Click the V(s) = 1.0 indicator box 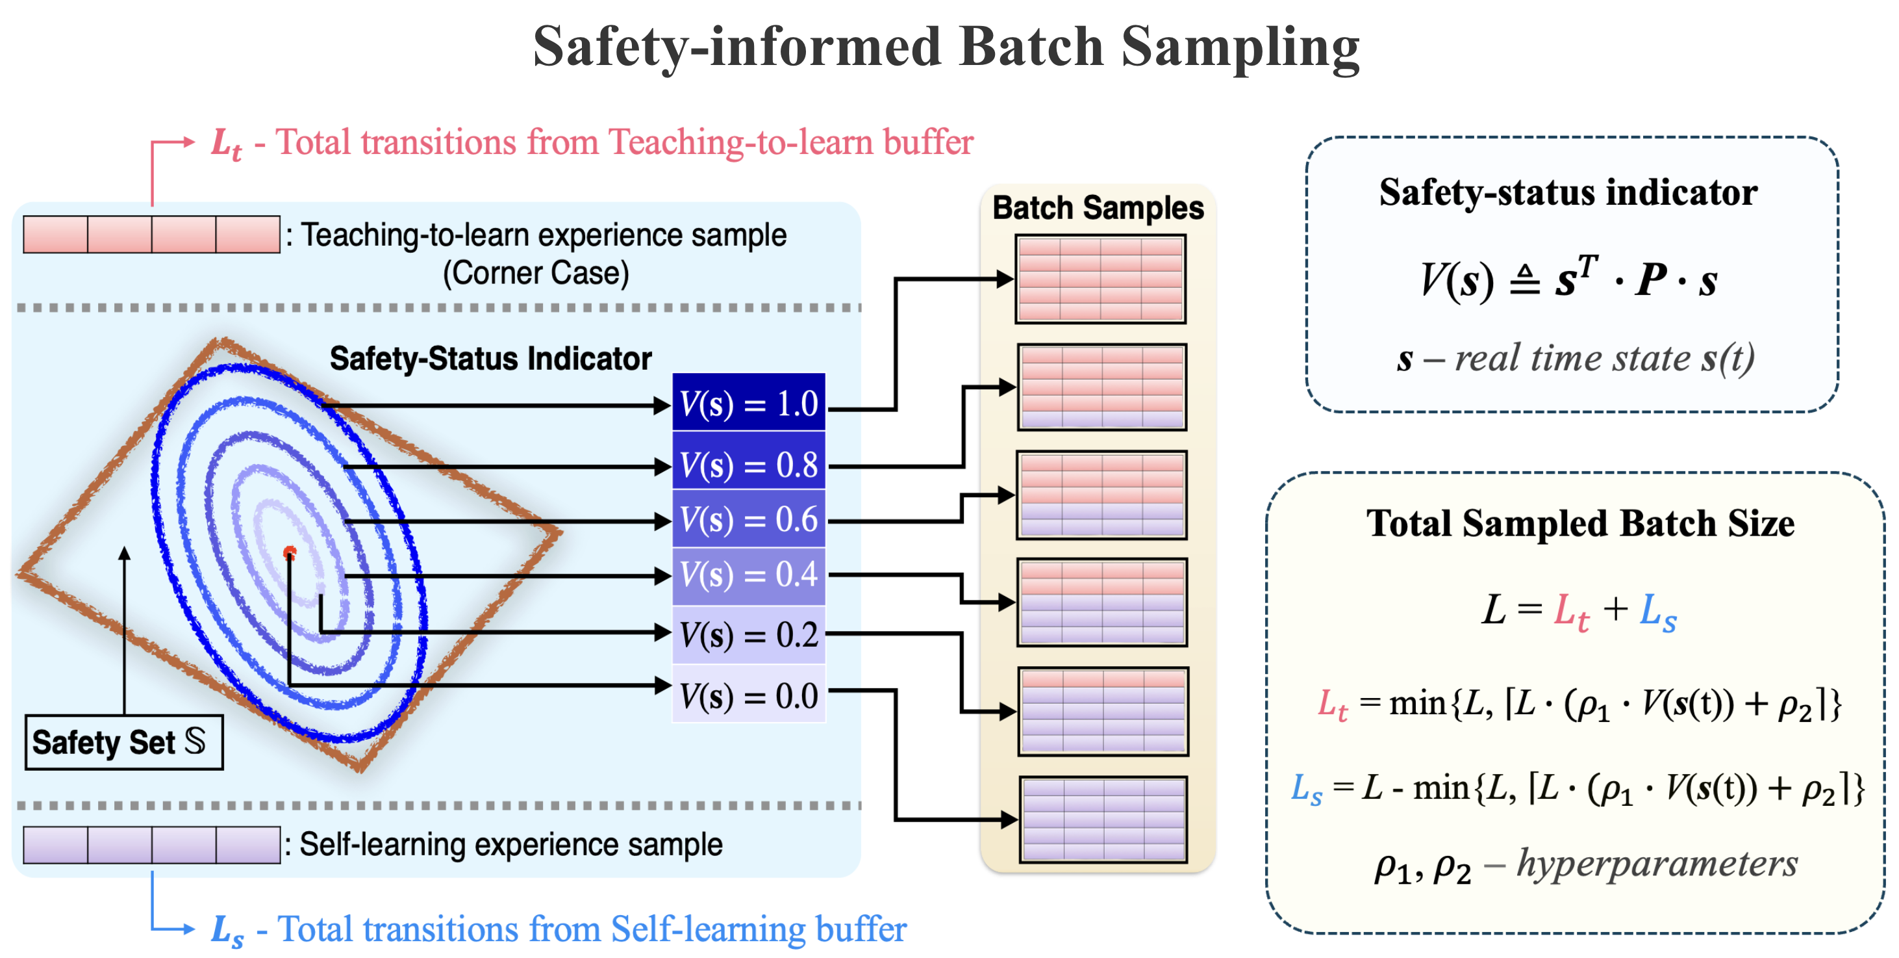click(748, 403)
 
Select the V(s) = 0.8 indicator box click(748, 464)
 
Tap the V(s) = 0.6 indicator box click(748, 519)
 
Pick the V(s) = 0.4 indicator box click(748, 574)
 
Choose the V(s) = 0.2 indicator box click(748, 634)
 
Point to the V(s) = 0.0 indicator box click(748, 695)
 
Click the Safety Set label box click(124, 742)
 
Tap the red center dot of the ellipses click(290, 552)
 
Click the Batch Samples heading click(1098, 208)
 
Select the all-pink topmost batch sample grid click(1100, 279)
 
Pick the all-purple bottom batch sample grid click(1103, 819)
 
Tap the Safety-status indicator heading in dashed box click(1568, 192)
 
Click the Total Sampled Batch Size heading click(1580, 524)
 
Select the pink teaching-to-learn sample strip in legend click(151, 235)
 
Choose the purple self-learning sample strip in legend click(151, 845)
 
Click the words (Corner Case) click(536, 273)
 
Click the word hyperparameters click(1657, 864)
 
